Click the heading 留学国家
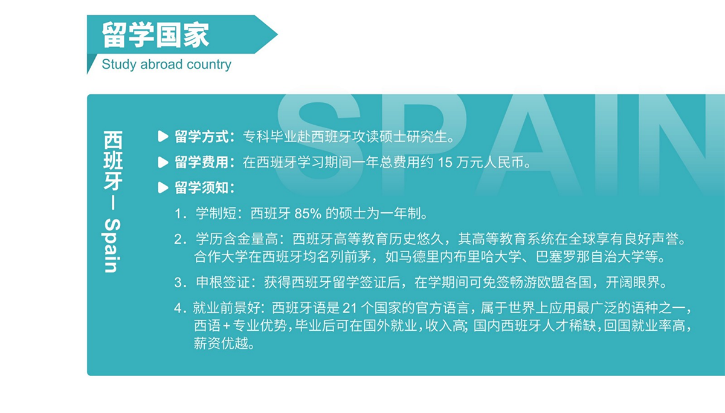(x=155, y=35)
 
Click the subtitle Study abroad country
(x=166, y=64)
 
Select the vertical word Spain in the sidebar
(x=112, y=245)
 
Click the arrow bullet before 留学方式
(x=163, y=137)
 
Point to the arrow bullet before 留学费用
(x=163, y=162)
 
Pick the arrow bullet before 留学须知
(x=163, y=187)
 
